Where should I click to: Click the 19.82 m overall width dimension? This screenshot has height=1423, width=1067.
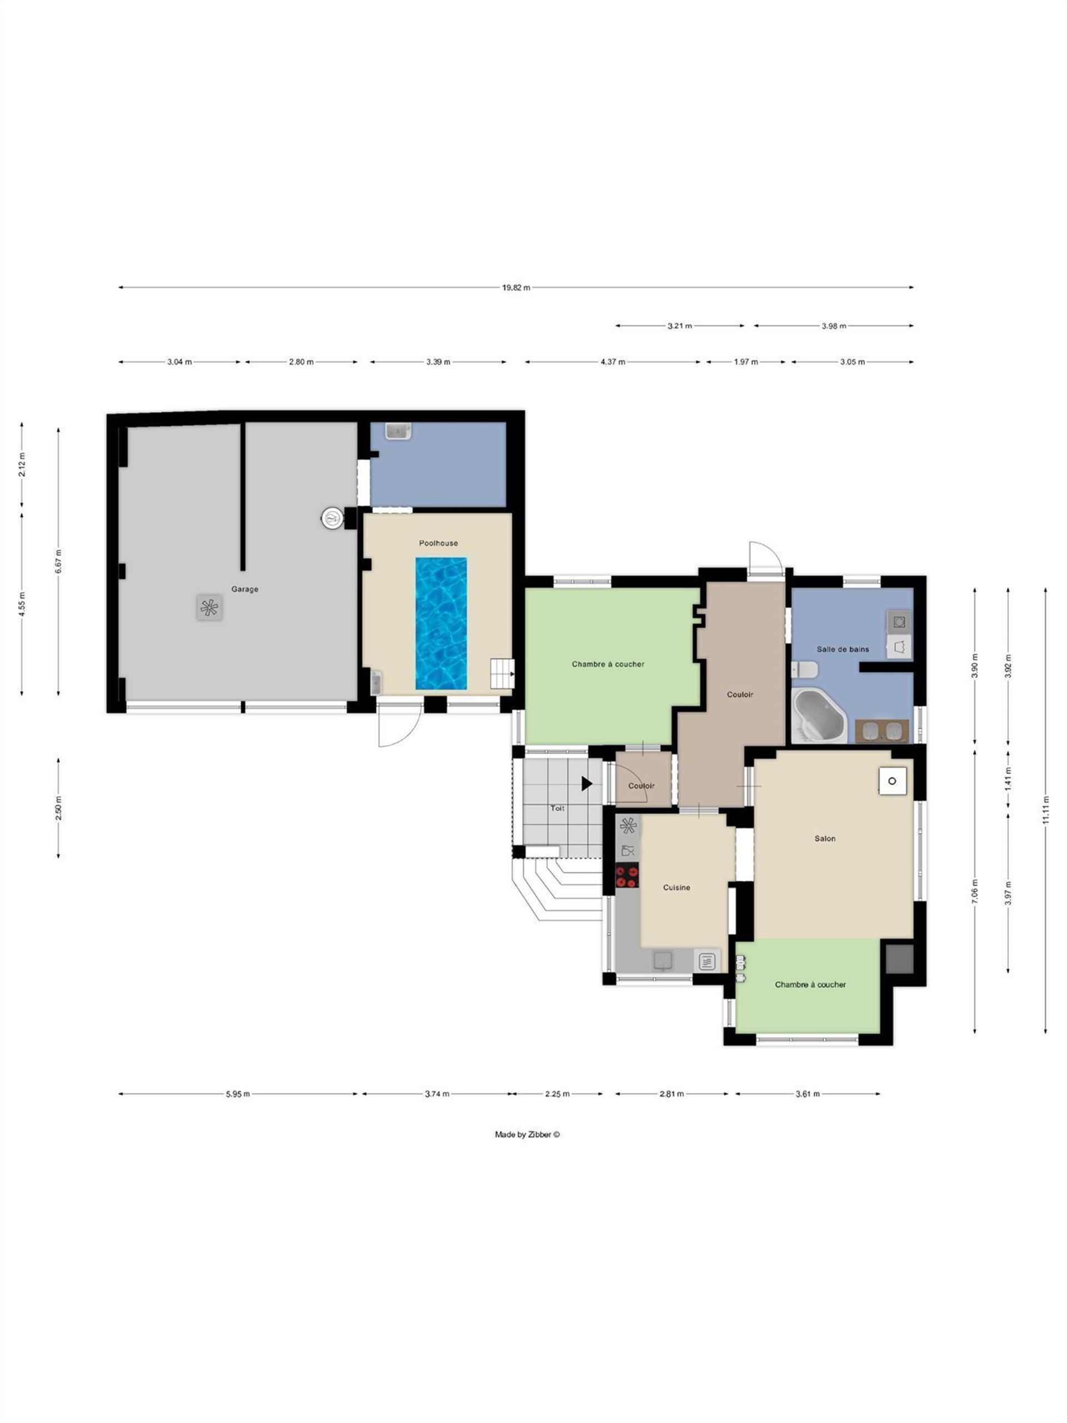click(516, 287)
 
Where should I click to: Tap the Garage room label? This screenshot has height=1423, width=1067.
click(245, 589)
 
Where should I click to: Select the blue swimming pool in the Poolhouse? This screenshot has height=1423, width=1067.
click(441, 623)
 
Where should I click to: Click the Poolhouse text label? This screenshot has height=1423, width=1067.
click(438, 543)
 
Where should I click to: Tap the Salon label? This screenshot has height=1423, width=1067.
click(825, 838)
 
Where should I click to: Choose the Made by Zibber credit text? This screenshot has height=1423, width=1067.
click(527, 1134)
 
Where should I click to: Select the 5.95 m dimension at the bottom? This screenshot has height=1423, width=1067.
click(238, 1093)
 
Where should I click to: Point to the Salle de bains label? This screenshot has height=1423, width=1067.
click(842, 649)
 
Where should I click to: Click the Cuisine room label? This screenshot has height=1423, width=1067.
click(677, 887)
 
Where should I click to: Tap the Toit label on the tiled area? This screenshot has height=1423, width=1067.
click(557, 808)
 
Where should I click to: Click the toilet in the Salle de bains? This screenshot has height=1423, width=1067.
click(805, 670)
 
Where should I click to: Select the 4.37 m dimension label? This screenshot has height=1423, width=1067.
click(613, 361)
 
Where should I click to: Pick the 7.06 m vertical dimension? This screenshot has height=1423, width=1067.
click(975, 892)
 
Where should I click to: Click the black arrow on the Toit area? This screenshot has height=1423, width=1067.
click(586, 784)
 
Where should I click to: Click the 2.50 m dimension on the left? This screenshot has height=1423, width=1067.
click(58, 809)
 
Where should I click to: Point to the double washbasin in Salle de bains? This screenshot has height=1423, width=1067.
click(882, 732)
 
